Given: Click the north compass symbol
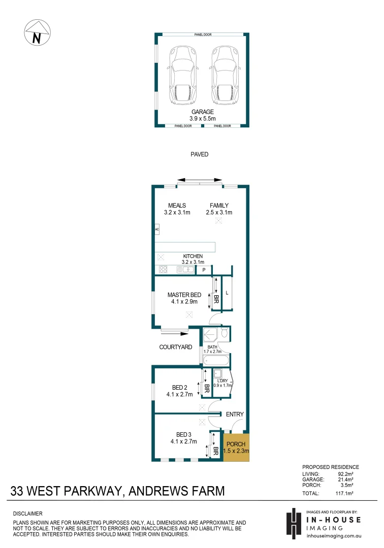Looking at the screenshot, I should click(37, 33).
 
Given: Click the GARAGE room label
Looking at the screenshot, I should click(202, 112).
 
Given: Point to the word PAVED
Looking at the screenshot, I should click(200, 154).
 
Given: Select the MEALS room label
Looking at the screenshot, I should click(177, 205).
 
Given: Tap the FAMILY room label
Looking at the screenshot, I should click(219, 205).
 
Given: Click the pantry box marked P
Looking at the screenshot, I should click(204, 270).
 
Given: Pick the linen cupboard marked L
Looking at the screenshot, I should click(227, 293).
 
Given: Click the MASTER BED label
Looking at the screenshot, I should click(184, 295).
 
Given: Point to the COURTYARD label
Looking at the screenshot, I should click(176, 347).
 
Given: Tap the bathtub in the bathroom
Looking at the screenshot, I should click(216, 361).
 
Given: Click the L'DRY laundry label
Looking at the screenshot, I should click(222, 381).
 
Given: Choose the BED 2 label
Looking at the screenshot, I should click(179, 388).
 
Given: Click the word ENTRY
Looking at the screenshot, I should click(235, 415).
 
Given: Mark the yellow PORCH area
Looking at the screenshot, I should click(237, 447).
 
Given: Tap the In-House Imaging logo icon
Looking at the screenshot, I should click(293, 522).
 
